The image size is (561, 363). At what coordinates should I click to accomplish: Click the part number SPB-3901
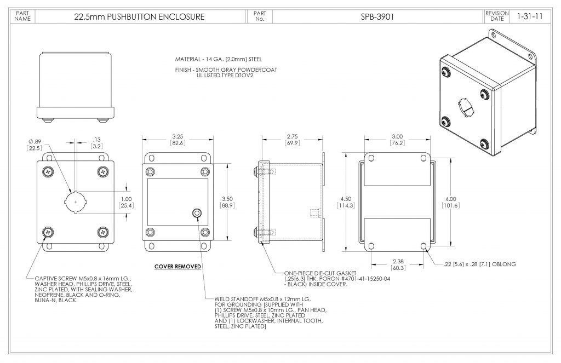pos(377,16)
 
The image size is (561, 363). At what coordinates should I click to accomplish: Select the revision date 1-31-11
pos(530,16)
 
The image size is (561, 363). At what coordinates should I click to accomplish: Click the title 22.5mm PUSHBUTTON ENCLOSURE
pos(139,16)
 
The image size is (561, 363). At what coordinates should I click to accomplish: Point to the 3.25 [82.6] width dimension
pos(178,140)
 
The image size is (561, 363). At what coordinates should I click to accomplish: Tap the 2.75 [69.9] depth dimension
pos(293,140)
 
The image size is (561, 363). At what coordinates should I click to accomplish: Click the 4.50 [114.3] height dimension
pos(346,202)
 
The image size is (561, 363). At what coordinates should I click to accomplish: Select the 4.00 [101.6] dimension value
pos(450,202)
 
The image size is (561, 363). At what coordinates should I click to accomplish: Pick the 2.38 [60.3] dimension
pos(398,264)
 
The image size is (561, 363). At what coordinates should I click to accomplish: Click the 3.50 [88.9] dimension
pos(227,202)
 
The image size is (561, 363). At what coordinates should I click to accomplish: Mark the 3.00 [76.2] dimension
pos(397,140)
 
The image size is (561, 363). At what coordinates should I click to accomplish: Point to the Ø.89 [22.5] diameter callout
pos(35,145)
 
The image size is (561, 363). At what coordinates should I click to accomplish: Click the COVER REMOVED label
pos(178,267)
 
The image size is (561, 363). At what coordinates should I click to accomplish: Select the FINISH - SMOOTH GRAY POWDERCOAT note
pos(226,70)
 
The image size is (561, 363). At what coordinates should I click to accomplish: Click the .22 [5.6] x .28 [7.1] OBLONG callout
pos(479,264)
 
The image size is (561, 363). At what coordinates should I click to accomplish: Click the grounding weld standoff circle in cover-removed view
pos(197,213)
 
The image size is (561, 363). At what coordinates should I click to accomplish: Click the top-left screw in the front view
pos(48,172)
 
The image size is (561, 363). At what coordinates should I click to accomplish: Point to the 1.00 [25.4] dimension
pos(127,202)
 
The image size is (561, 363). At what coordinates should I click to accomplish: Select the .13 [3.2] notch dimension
pos(96,143)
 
